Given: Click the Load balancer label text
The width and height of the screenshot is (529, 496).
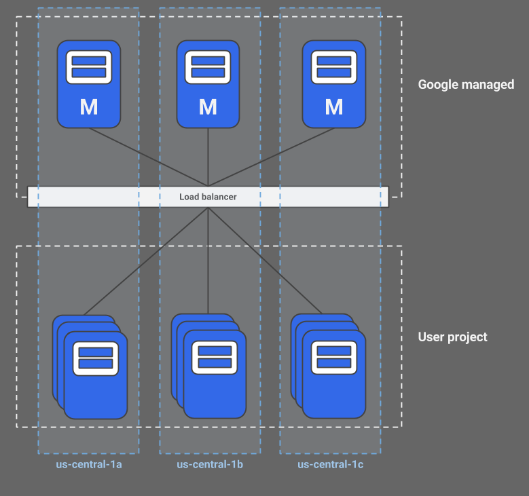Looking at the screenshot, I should pyautogui.click(x=208, y=197).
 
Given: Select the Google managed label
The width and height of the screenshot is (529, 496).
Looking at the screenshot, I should pyautogui.click(x=466, y=85).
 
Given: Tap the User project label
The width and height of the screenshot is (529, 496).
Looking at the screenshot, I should pyautogui.click(x=452, y=337).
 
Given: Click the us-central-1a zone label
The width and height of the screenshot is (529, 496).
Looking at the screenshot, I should pyautogui.click(x=88, y=465).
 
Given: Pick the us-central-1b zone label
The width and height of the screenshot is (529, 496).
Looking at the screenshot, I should pyautogui.click(x=210, y=465).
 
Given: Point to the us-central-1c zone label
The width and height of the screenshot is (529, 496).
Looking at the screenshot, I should pyautogui.click(x=330, y=465).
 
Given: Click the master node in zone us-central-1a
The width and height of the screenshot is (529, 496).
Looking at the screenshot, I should pyautogui.click(x=88, y=83).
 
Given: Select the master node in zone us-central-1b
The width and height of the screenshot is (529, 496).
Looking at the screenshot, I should pyautogui.click(x=208, y=83).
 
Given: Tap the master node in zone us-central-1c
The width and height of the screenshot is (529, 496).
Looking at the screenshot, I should pyautogui.click(x=333, y=83).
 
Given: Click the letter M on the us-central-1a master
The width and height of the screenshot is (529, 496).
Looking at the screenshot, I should pyautogui.click(x=88, y=107).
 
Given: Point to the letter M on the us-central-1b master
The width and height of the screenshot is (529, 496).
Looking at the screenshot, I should pyautogui.click(x=208, y=107).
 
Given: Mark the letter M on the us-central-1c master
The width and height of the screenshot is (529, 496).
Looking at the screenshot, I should pyautogui.click(x=333, y=107).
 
